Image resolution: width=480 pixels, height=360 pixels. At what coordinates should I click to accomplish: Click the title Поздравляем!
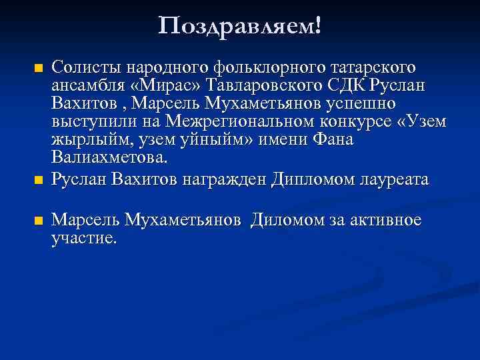pos(240,26)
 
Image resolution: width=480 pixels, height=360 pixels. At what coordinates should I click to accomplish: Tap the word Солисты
pos(83,67)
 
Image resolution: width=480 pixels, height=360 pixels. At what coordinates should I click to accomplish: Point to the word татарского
pos(369,67)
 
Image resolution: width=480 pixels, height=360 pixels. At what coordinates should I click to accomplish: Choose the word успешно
pos(361,105)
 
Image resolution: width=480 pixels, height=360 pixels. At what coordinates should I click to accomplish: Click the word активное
pos(385,221)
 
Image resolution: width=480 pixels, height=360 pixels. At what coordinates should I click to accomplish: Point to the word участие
pos(83,238)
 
